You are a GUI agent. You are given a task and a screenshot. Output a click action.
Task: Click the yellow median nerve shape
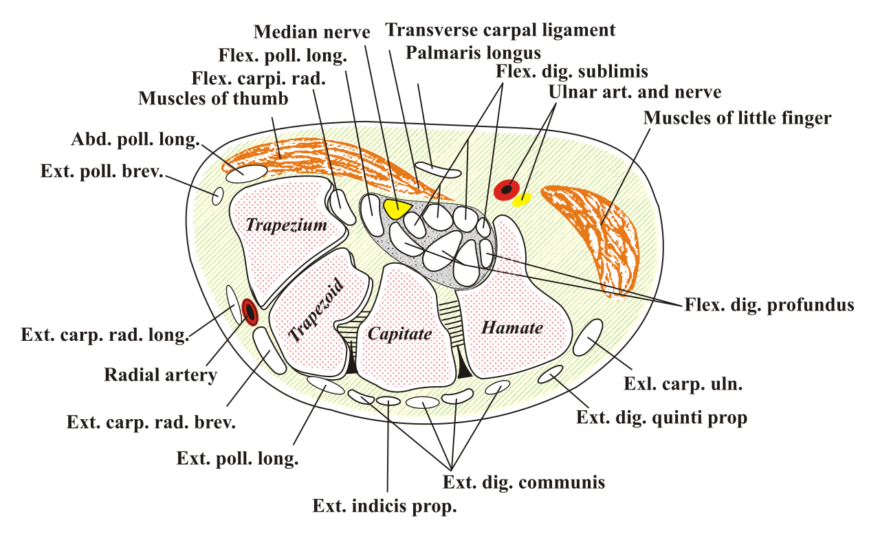click(x=396, y=208)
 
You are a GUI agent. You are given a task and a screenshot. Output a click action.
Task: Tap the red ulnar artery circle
click(x=507, y=190)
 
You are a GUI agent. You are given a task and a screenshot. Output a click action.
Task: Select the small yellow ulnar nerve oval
click(x=522, y=199)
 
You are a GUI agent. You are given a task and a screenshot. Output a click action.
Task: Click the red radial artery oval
click(x=250, y=312)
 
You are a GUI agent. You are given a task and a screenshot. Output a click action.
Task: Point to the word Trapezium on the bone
click(x=287, y=225)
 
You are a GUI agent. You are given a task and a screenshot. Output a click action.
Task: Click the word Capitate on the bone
click(x=399, y=334)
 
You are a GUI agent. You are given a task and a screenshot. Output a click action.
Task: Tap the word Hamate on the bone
click(x=512, y=328)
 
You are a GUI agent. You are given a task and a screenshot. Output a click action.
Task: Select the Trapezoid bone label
click(x=316, y=310)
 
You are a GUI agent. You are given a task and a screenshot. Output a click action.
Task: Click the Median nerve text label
click(x=311, y=32)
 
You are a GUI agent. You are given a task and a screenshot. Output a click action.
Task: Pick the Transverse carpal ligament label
click(x=500, y=30)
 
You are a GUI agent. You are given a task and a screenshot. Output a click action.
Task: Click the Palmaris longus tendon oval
click(x=438, y=170)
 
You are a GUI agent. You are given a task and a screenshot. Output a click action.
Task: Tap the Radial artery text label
click(x=160, y=374)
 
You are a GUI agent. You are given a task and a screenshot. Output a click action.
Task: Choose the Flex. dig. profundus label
click(x=769, y=305)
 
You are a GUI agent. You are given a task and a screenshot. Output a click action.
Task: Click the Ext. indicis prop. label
click(x=384, y=506)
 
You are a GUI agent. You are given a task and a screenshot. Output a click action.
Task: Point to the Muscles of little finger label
click(x=737, y=117)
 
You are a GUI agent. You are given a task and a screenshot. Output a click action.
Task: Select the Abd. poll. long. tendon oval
click(x=247, y=174)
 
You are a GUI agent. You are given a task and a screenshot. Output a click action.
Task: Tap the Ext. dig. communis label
click(x=524, y=482)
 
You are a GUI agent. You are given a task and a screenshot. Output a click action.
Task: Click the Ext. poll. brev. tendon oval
click(x=218, y=196)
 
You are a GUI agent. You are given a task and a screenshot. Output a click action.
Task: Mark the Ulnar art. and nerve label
click(x=635, y=92)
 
